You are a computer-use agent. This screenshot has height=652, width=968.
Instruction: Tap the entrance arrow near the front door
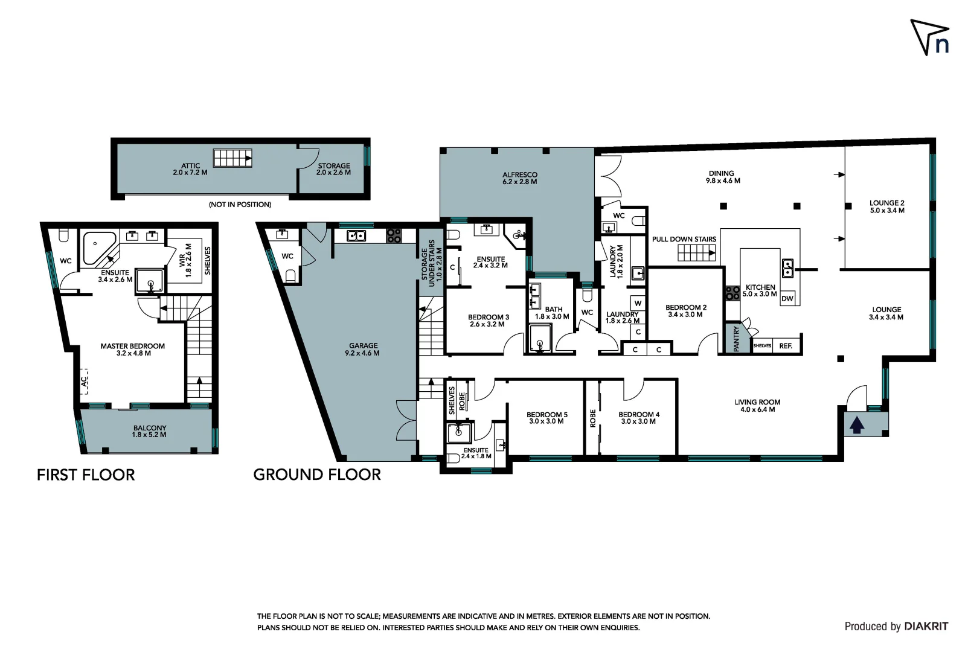[857, 426]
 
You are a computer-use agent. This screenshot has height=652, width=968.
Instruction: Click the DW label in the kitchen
[787, 299]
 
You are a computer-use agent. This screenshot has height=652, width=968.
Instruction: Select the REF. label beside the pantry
[786, 346]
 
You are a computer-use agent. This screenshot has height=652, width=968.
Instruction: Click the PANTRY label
[736, 339]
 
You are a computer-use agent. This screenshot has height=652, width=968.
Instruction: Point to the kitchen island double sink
[788, 267]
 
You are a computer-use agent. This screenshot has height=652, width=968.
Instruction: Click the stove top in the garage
[394, 235]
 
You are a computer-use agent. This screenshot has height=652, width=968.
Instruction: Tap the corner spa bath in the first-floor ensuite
[97, 248]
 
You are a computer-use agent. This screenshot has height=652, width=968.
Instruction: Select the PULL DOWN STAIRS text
[684, 239]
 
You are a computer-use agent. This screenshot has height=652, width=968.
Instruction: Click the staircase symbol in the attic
[232, 158]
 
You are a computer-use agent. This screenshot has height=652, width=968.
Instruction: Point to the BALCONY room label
[150, 428]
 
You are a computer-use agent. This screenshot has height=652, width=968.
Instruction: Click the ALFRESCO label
[519, 175]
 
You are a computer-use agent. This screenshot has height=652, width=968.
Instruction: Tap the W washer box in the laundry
[638, 303]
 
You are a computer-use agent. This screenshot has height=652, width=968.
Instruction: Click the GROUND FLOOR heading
[317, 475]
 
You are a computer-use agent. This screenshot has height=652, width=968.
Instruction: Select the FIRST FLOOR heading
[86, 475]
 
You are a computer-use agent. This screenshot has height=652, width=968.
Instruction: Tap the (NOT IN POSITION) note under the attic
[240, 205]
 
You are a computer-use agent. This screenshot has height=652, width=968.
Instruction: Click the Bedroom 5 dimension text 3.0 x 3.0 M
[546, 421]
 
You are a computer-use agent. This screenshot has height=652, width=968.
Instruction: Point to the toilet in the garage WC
[290, 276]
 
